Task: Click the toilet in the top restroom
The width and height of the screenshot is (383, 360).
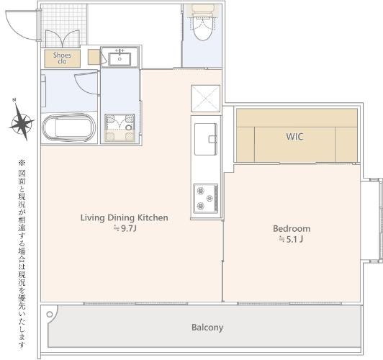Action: [x=203, y=23]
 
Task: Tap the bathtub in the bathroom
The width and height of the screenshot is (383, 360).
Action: [x=69, y=127]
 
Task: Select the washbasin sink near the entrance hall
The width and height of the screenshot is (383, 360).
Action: [x=120, y=58]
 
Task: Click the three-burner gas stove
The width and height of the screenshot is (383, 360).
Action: [x=206, y=198]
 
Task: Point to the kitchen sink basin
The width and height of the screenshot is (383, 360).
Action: [x=206, y=139]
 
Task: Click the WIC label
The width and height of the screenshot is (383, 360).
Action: [x=294, y=137]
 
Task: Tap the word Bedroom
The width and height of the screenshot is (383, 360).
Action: [x=292, y=229]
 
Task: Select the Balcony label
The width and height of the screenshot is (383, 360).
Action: [x=207, y=328]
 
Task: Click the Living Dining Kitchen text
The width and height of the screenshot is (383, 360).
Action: [x=125, y=217]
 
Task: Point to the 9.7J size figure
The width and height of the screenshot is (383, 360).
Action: [x=125, y=229]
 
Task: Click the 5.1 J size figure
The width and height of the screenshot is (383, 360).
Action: [x=292, y=239]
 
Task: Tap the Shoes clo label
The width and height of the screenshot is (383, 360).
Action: [x=62, y=58]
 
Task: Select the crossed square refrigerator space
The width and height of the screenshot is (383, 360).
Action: [x=205, y=99]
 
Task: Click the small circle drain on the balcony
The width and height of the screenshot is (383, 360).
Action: [x=50, y=315]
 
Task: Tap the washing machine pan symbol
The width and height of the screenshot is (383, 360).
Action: [x=120, y=127]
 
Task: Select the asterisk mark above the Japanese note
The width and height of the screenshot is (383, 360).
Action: [x=22, y=163]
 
